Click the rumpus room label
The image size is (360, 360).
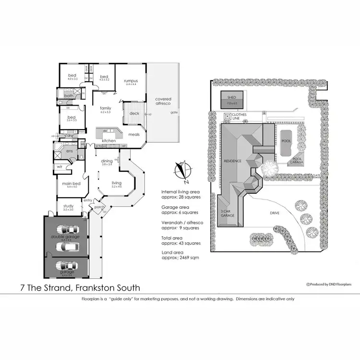131,81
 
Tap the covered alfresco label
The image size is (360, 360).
163,102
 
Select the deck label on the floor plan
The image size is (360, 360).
134,114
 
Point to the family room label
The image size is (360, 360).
105,108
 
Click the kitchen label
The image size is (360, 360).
109,140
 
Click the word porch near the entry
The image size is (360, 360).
99,207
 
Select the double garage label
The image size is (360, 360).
66,237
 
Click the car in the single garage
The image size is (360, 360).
66,265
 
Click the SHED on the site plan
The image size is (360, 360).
232,98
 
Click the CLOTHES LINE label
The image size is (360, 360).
239,117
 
